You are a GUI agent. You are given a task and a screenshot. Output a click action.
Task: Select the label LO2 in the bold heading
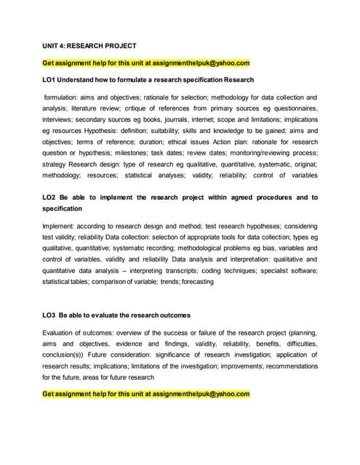click(x=51, y=197)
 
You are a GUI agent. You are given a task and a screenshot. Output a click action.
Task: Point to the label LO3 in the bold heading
click(x=51, y=315)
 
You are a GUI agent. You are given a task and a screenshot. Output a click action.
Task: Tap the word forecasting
click(x=191, y=281)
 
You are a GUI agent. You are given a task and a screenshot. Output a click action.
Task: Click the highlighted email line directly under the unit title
click(x=145, y=62)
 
